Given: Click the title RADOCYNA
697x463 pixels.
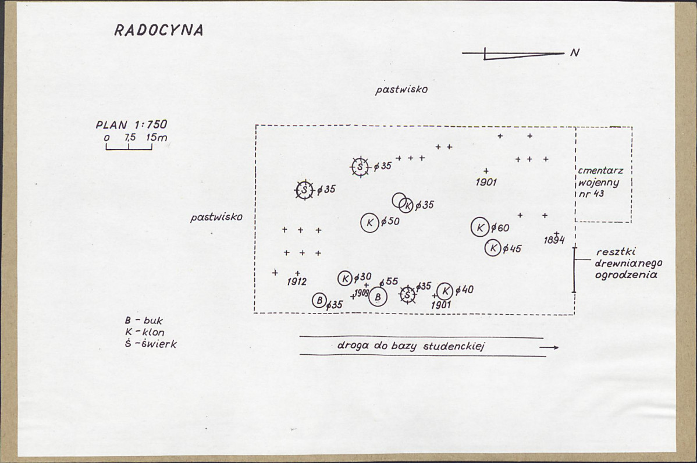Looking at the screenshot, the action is point(159,30).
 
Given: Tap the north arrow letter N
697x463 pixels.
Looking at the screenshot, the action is point(575,52).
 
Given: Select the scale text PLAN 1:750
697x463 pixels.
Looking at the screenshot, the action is point(131,124).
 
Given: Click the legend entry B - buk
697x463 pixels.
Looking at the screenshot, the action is point(144,320).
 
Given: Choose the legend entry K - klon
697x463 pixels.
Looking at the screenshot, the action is point(145,332).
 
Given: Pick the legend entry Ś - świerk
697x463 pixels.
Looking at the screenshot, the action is point(151,344).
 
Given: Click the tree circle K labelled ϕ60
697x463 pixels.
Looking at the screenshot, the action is point(480,227).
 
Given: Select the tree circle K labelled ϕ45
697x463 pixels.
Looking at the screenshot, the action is point(493,248).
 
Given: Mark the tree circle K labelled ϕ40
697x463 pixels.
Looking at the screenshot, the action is point(445,291).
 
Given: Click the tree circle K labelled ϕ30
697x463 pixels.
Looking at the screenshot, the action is point(346,279).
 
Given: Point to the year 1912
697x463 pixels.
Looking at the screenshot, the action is point(297,282).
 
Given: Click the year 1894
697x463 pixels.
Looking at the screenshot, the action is point(554,240).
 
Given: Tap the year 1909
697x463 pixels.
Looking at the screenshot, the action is point(361,293).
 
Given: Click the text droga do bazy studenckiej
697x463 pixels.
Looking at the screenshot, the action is point(411,346).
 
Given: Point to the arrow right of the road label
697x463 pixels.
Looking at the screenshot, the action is point(549,347).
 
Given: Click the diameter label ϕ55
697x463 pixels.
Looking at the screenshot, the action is point(389,282).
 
